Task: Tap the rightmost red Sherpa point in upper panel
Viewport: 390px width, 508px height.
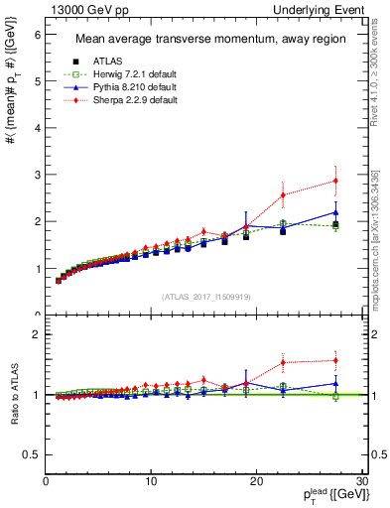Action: click(x=335, y=181)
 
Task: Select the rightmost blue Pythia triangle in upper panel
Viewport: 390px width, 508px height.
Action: click(x=335, y=212)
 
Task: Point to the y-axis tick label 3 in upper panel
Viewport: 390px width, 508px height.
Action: click(x=36, y=176)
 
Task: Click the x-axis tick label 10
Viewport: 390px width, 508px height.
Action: click(x=151, y=481)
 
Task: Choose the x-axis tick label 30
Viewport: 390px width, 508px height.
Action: click(x=361, y=481)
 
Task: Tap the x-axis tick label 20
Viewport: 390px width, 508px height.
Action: click(x=256, y=481)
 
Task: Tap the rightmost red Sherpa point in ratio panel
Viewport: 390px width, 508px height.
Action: click(x=335, y=360)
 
